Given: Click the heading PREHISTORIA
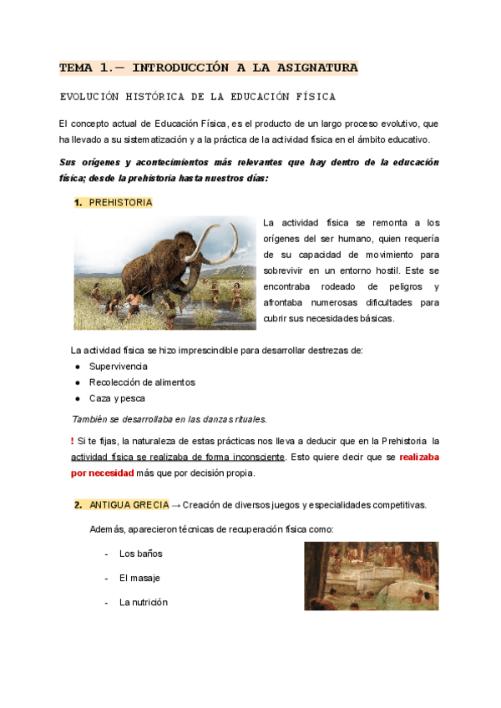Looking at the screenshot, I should (120, 203).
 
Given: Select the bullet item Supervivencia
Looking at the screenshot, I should (119, 367).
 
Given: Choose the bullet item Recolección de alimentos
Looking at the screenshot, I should (142, 382).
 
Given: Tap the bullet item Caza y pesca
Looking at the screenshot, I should (117, 398).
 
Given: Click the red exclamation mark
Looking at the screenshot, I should (73, 440).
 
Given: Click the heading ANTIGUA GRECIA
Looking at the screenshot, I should (129, 504).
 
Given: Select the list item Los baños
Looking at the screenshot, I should (140, 554).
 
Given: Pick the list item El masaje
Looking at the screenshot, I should (139, 578).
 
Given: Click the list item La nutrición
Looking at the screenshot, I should (144, 602).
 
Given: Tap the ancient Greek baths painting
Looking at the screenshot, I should (371, 576).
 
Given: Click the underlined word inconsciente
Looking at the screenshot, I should (255, 457).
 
